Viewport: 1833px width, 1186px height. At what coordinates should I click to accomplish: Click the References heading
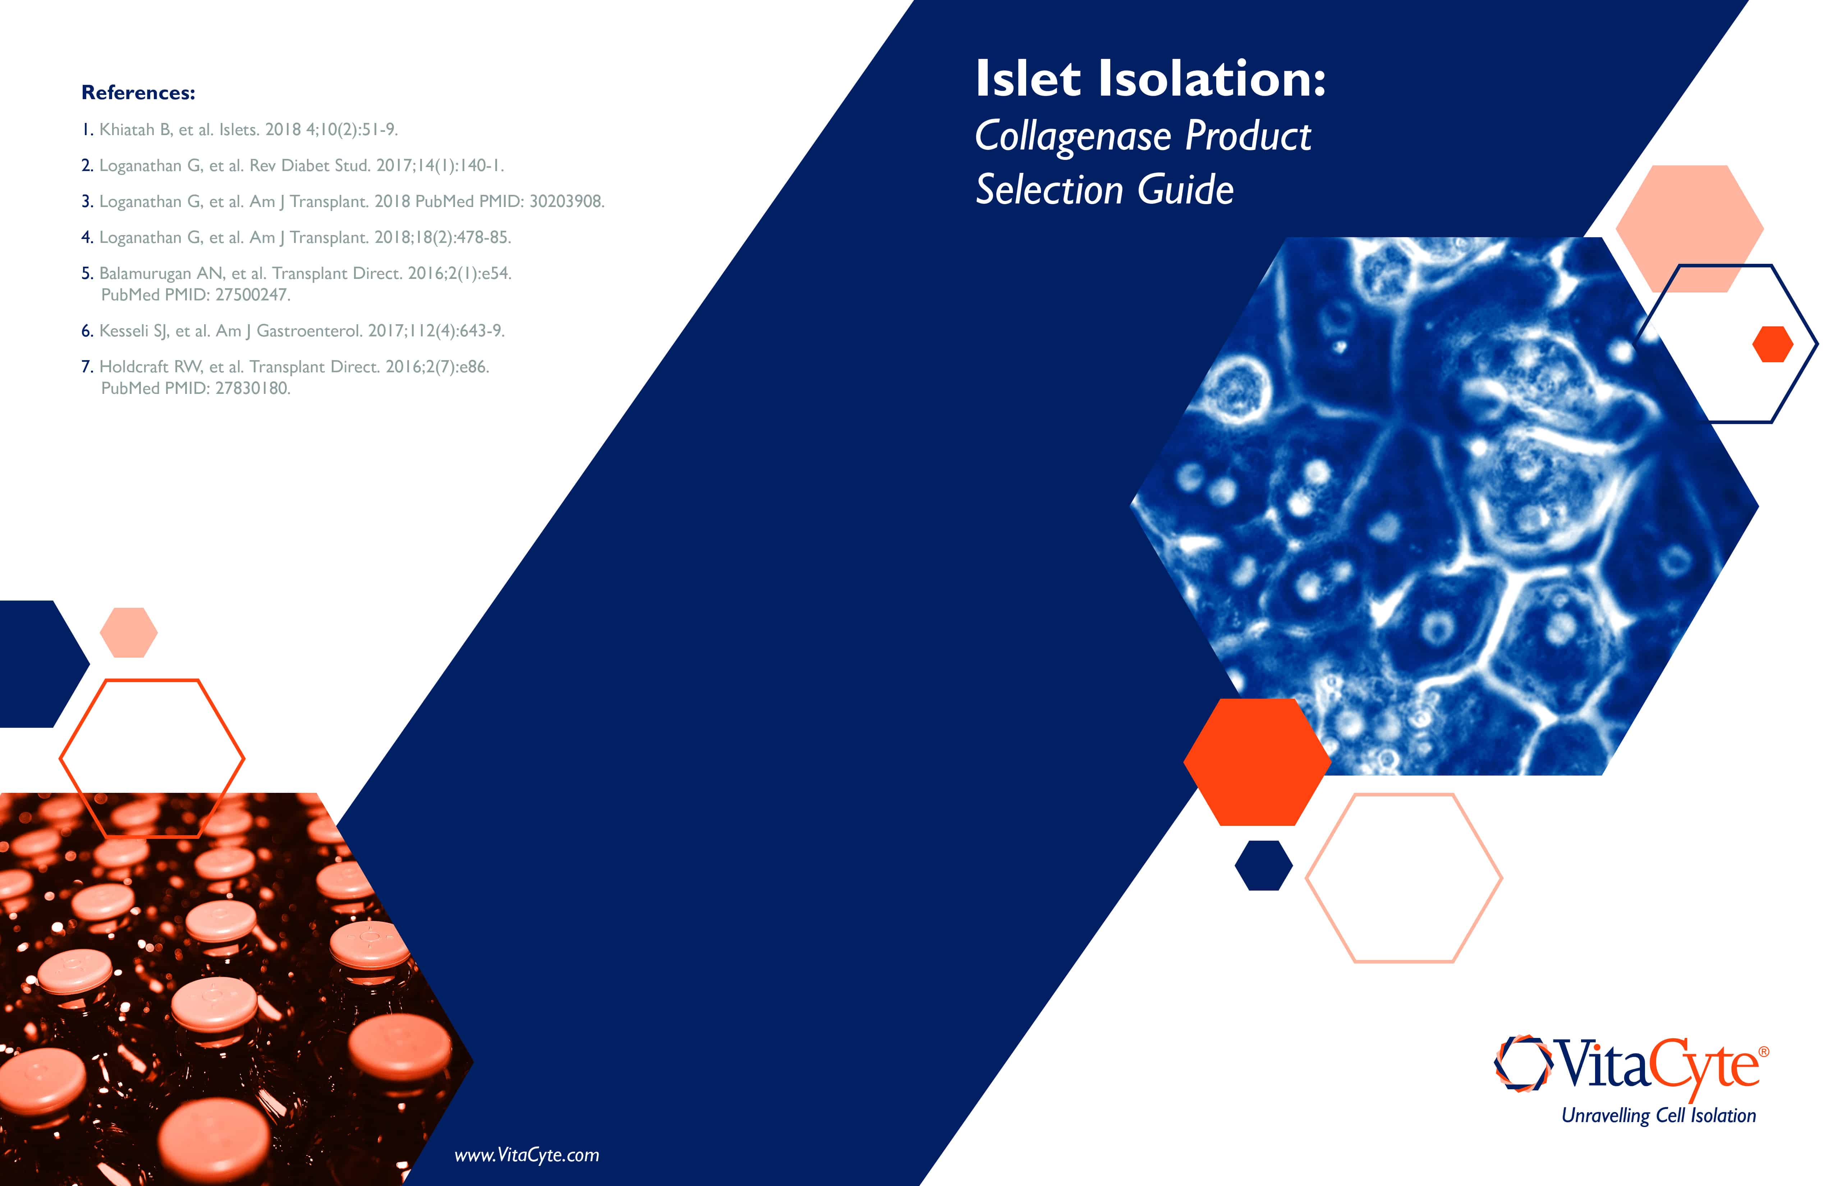pyautogui.click(x=139, y=92)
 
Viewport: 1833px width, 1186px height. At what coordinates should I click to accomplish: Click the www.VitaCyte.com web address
pyautogui.click(x=527, y=1155)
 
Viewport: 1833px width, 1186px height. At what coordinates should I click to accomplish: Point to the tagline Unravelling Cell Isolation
pyautogui.click(x=1658, y=1115)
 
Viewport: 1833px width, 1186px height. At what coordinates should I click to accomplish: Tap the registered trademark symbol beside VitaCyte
pyautogui.click(x=1764, y=1051)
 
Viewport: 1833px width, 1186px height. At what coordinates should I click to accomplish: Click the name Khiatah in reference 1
pyautogui.click(x=127, y=129)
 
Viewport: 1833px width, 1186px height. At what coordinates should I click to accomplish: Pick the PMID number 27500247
pyautogui.click(x=253, y=295)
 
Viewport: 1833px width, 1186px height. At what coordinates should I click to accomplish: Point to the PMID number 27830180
pyautogui.click(x=253, y=388)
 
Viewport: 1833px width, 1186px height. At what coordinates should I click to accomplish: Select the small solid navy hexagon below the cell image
pyautogui.click(x=1263, y=866)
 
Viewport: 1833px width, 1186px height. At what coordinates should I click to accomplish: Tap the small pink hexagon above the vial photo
pyautogui.click(x=129, y=632)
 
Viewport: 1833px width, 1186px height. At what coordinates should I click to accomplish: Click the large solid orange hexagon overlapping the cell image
pyautogui.click(x=1257, y=762)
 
